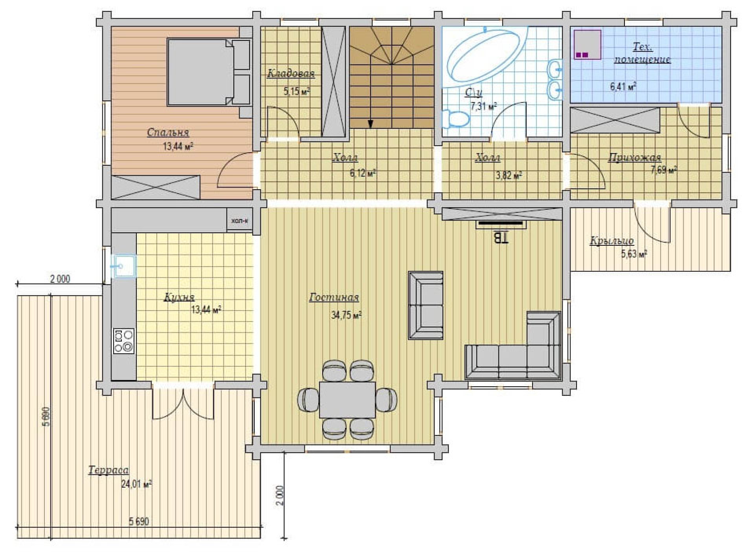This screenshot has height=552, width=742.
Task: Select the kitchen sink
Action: tap(123, 266)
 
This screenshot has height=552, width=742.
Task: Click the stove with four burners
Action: tap(124, 341)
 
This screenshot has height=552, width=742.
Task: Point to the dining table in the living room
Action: tap(347, 399)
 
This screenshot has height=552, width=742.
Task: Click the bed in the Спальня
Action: tap(209, 72)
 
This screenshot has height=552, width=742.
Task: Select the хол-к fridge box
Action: tap(239, 221)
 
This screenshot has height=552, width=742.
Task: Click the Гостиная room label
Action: tap(334, 297)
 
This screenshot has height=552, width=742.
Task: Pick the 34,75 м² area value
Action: tap(346, 315)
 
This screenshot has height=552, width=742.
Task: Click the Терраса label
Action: tap(108, 470)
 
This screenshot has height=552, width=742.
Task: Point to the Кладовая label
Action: tap(290, 73)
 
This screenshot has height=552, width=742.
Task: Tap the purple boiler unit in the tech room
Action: tap(587, 44)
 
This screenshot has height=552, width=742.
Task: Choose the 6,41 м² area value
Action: tap(623, 86)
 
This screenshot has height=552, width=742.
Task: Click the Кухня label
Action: tap(179, 297)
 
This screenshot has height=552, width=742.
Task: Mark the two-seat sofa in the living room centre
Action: tap(426, 305)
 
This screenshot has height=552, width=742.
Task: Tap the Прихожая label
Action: tap(634, 157)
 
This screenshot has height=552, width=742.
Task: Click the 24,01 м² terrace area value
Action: tap(136, 484)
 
